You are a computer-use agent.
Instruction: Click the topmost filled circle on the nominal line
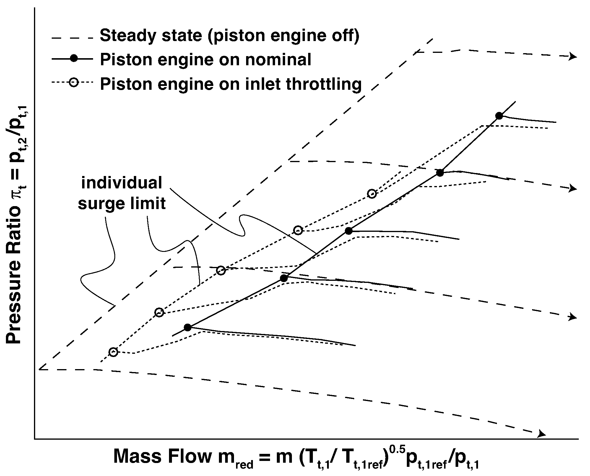pos(499,116)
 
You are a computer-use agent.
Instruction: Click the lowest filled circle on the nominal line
pos(188,327)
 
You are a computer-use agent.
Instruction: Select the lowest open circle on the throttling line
pos(113,352)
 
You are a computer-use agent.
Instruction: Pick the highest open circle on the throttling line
pos(372,194)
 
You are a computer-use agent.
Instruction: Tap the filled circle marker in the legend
pos(75,58)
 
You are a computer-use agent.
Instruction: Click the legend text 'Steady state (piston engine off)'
pos(230,35)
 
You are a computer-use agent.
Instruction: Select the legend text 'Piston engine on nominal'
pos(206,60)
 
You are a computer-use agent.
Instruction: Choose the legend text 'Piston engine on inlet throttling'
pos(231,84)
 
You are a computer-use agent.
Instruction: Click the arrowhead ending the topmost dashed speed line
pos(573,57)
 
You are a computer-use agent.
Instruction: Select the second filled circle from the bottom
pos(284,278)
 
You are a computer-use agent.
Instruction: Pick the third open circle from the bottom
pos(221,270)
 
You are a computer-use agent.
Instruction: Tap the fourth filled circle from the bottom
pos(440,173)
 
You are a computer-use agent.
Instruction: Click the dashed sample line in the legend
pos(72,38)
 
